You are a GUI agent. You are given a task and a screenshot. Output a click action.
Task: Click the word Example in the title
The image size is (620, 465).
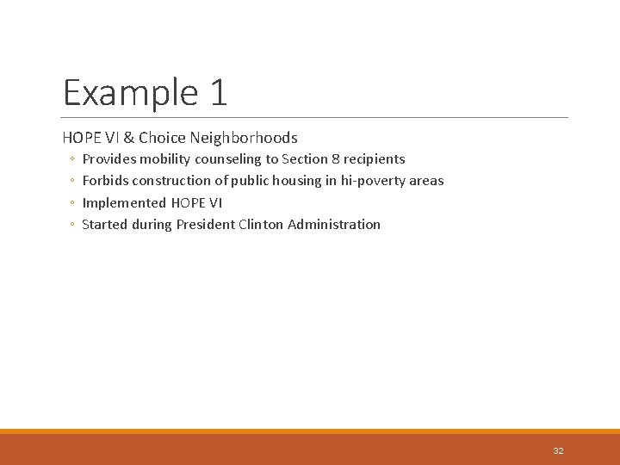[124, 93]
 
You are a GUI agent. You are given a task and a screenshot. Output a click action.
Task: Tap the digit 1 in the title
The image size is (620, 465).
[217, 93]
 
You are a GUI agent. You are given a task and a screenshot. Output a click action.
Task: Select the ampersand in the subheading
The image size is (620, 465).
[127, 138]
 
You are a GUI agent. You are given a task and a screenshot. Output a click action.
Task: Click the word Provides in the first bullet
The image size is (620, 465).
[108, 159]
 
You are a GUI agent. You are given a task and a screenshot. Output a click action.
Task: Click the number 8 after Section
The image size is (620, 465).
[334, 159]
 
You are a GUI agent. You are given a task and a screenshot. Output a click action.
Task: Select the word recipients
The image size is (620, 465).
[374, 159]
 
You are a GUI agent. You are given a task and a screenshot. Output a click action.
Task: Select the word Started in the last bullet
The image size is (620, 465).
[104, 225]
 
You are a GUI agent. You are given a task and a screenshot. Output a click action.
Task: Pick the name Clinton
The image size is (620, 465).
[261, 225]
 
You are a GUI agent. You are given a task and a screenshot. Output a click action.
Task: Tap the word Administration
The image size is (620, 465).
[334, 225]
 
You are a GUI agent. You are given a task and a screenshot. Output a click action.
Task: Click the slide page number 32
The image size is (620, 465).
[558, 450]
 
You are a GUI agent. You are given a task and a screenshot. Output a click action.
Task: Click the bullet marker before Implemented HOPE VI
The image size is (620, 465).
[72, 203]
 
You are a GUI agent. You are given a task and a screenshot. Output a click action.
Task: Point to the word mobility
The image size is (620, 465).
[166, 159]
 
